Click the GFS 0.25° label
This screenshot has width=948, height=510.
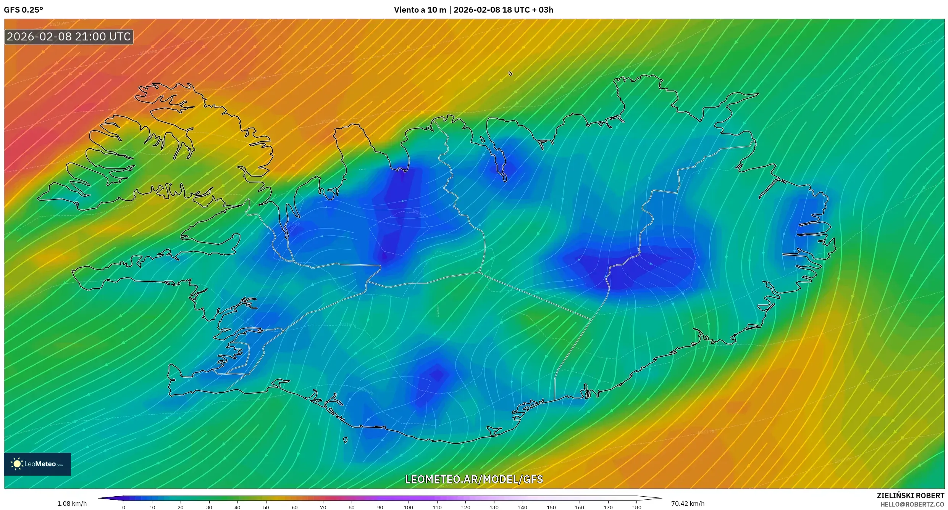click(24, 10)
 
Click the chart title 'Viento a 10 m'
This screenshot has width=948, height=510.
click(420, 10)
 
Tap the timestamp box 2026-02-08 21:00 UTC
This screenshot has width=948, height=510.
click(69, 37)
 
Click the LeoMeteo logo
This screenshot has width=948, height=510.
click(37, 464)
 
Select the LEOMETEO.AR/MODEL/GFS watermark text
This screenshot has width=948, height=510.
click(474, 479)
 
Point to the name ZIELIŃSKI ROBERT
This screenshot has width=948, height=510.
click(910, 496)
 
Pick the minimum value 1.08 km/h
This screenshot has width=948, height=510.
click(72, 504)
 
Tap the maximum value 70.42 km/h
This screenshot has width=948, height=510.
click(688, 504)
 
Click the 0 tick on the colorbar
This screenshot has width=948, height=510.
click(124, 507)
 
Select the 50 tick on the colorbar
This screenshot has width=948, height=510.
click(266, 507)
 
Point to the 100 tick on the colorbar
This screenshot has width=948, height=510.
click(409, 507)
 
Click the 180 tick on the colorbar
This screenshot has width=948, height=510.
click(636, 507)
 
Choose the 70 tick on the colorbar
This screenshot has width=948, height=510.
click(323, 507)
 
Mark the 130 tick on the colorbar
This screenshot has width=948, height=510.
click(494, 507)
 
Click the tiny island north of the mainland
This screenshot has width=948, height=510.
click(510, 74)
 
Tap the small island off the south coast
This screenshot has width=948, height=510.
click(346, 440)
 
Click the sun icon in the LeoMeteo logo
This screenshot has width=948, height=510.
click(17, 464)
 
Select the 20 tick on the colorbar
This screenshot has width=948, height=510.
click(181, 507)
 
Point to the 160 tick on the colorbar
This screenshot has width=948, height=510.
click(580, 507)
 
